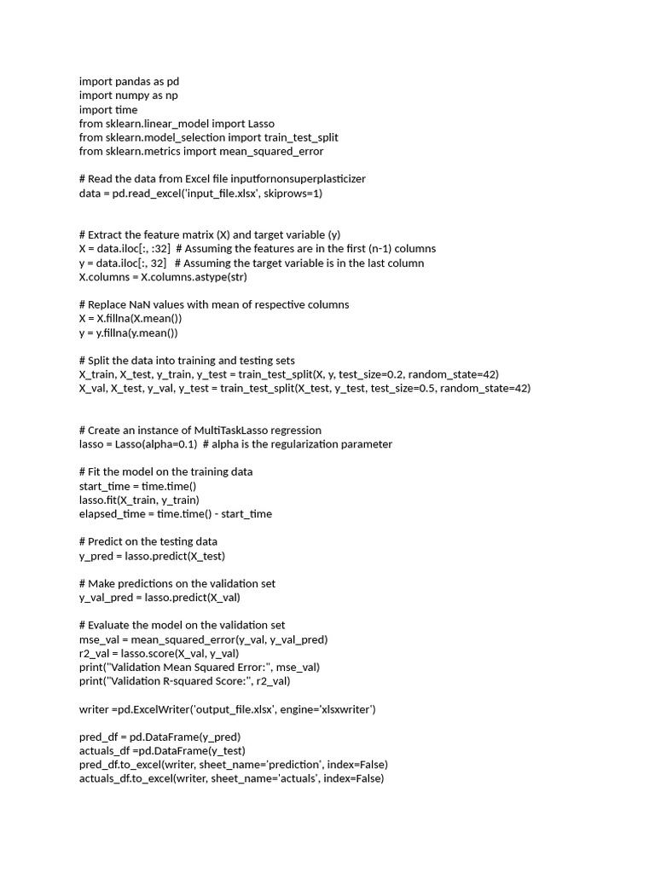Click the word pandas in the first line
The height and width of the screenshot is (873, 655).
(132, 81)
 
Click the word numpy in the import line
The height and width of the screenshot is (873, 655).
(132, 95)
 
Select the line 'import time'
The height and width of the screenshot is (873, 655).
(108, 109)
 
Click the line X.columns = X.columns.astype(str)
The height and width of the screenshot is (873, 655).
(163, 276)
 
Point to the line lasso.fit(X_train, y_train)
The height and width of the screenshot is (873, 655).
(139, 500)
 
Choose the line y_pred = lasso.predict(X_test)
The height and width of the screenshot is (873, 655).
(152, 555)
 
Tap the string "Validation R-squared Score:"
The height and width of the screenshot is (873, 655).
(183, 680)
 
